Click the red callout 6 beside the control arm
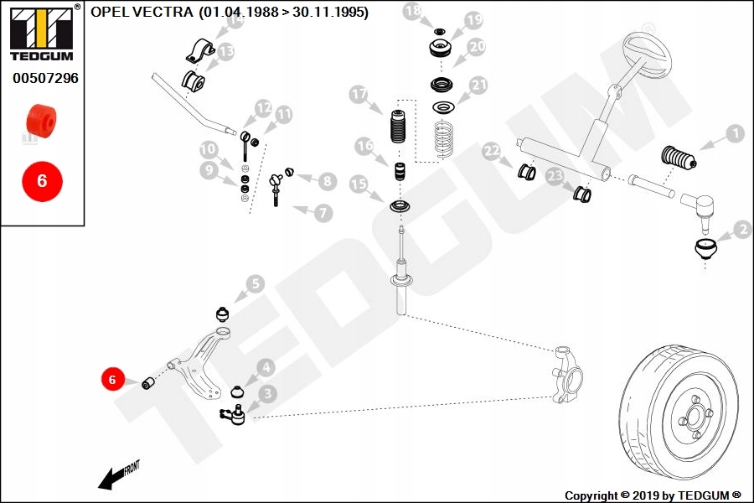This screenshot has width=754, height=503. (111, 380)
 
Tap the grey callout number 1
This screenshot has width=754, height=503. (734, 133)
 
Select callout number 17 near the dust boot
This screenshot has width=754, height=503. (359, 95)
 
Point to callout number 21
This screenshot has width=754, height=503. (478, 86)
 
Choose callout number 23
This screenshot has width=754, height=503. (555, 176)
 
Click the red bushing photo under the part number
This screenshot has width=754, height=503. (42, 120)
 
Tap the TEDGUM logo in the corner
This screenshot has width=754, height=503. (41, 34)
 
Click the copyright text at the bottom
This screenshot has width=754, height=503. (653, 495)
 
